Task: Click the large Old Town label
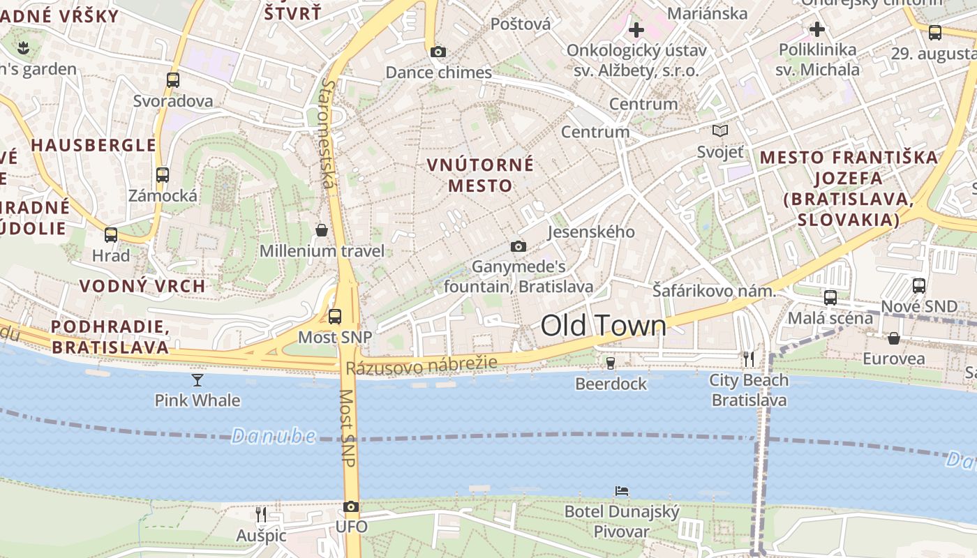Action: (604, 326)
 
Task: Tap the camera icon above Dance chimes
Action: (438, 52)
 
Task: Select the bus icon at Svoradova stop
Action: (173, 80)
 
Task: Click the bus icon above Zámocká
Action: (163, 175)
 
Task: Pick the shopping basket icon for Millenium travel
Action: (322, 229)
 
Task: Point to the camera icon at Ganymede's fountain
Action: (518, 246)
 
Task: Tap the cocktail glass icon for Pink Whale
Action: (197, 379)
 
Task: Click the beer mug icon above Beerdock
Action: (611, 363)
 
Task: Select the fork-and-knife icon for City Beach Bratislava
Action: (749, 359)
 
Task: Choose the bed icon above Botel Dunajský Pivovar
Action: (622, 491)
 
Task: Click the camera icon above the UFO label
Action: (351, 506)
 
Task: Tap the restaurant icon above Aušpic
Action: (261, 515)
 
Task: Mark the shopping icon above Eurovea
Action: (893, 338)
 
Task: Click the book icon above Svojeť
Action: (720, 130)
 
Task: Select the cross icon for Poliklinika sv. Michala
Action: (817, 29)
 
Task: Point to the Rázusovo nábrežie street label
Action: (422, 365)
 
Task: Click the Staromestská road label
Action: (328, 133)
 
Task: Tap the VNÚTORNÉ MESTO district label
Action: (480, 175)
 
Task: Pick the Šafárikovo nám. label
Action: (714, 291)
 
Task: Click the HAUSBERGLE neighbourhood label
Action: (94, 145)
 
